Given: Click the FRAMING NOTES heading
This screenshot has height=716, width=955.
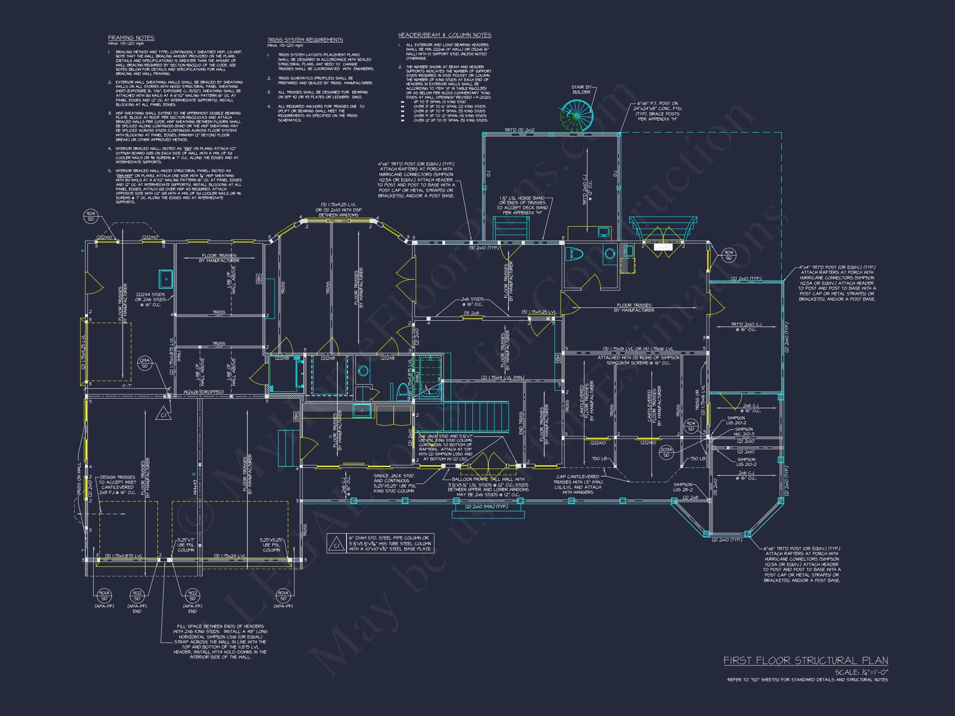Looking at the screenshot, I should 131,38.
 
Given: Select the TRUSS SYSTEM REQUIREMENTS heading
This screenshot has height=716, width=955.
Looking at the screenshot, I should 305,40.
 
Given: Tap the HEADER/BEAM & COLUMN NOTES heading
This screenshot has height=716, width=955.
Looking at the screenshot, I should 444,35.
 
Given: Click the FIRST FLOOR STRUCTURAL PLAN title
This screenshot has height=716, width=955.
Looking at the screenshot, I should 806,661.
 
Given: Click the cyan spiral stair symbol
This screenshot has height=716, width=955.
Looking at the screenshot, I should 577,116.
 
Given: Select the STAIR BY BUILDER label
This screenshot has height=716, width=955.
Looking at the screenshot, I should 581,89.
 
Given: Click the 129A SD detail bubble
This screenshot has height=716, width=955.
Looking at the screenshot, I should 145,363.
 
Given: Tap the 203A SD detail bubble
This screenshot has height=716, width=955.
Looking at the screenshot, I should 666,452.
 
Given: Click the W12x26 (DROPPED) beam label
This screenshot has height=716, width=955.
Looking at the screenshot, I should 204,392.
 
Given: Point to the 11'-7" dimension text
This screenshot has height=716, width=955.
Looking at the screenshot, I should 126,386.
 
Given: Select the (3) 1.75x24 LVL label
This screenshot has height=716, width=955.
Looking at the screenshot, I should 229,556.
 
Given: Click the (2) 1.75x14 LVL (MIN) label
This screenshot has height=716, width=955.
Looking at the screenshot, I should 502,377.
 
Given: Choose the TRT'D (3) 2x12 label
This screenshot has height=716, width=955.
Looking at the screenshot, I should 519,130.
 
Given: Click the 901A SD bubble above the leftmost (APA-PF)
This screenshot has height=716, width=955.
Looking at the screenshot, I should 104,595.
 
